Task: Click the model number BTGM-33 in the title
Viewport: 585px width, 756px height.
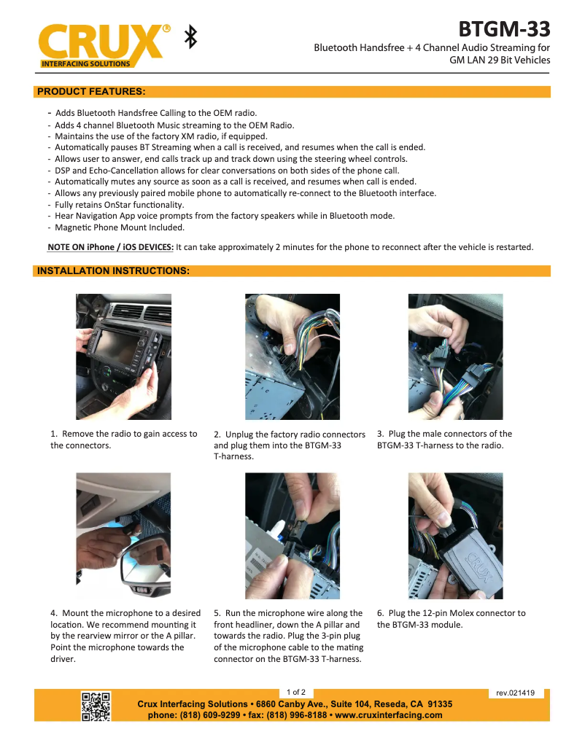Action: click(x=504, y=29)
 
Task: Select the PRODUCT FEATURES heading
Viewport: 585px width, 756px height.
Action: click(x=91, y=92)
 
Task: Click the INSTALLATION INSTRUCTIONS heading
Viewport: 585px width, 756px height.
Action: click(x=113, y=271)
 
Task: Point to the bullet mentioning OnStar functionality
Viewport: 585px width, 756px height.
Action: click(x=119, y=205)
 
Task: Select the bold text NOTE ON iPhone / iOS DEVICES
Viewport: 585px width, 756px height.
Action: click(x=110, y=247)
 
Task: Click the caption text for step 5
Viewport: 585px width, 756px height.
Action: click(x=288, y=636)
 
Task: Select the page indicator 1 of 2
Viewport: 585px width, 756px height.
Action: click(x=296, y=691)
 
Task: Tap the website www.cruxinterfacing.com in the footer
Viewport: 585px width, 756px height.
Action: click(x=389, y=715)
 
